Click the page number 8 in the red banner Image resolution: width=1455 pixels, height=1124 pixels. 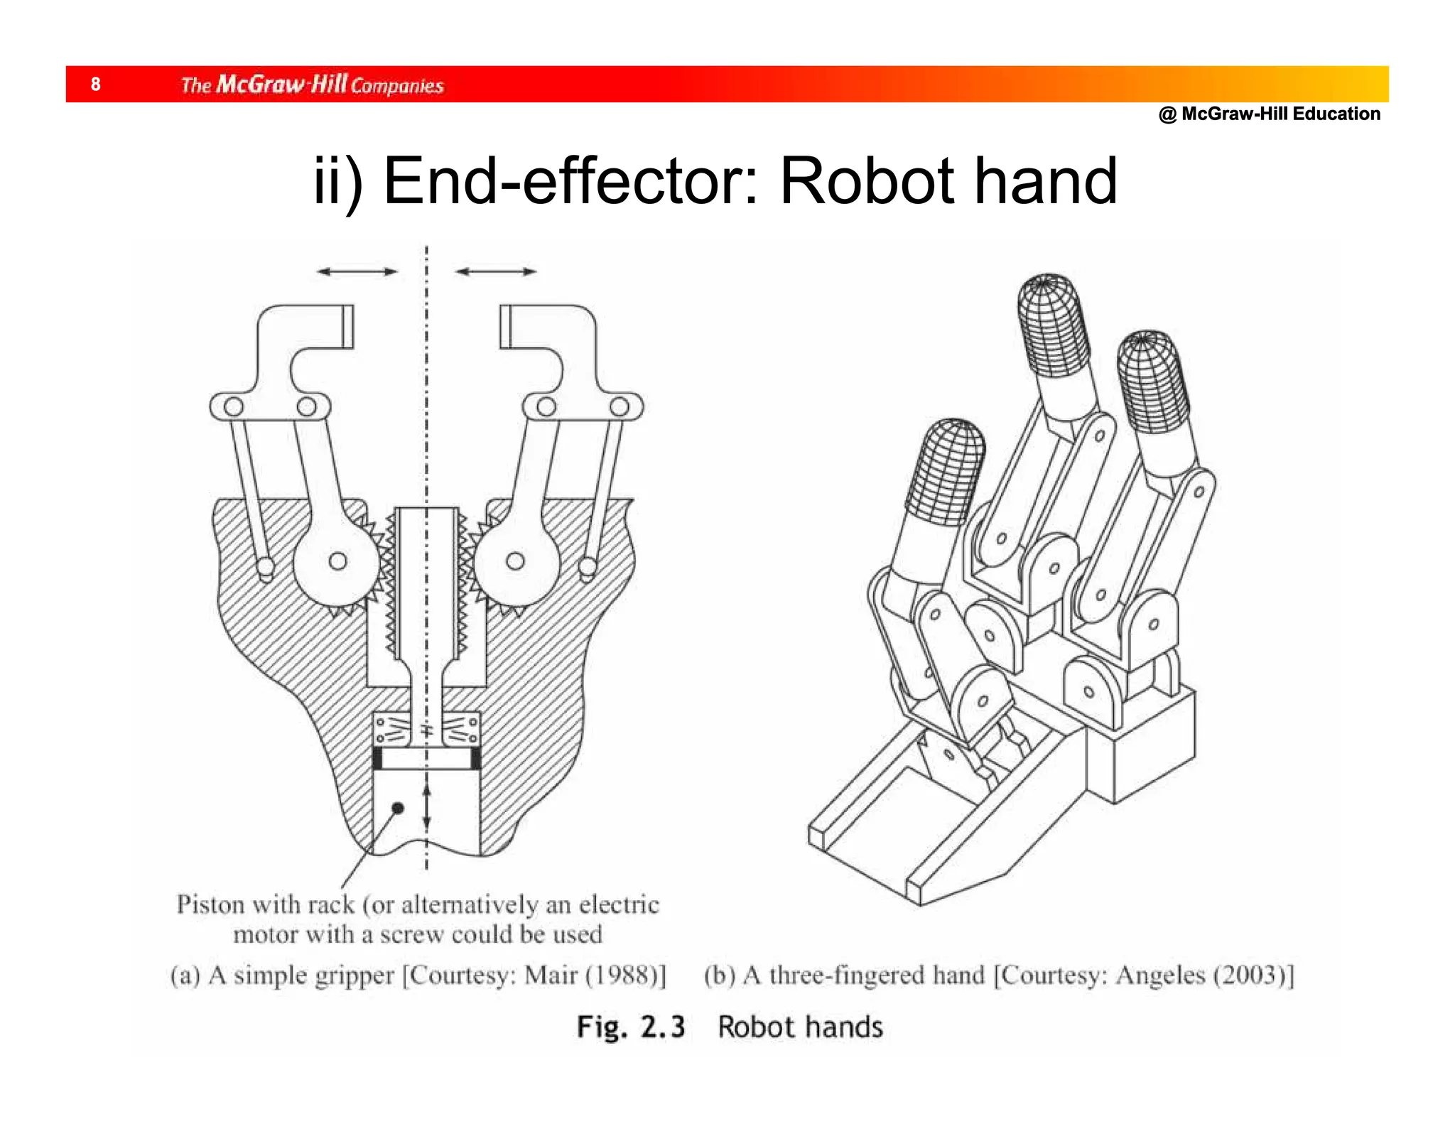[x=95, y=85]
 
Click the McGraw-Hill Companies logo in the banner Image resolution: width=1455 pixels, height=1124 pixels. [x=312, y=85]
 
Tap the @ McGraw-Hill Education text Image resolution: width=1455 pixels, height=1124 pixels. [x=1269, y=114]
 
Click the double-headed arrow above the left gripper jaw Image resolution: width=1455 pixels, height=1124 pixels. [x=357, y=271]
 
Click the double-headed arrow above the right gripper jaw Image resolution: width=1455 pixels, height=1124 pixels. [x=496, y=271]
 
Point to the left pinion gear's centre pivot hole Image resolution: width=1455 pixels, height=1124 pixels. [x=338, y=561]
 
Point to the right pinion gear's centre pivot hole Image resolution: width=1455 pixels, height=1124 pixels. [x=515, y=561]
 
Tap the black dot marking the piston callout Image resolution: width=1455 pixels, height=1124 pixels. [x=398, y=808]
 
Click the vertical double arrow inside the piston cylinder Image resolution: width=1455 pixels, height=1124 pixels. [x=426, y=806]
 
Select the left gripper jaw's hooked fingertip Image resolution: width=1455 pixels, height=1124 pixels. [x=334, y=327]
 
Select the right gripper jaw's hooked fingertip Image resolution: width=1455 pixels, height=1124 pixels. [x=519, y=327]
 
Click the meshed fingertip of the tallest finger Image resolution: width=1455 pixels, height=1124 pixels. [x=1053, y=323]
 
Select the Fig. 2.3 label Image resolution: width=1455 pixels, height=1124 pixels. [x=630, y=1027]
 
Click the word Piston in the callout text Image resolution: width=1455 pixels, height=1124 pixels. [x=210, y=904]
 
